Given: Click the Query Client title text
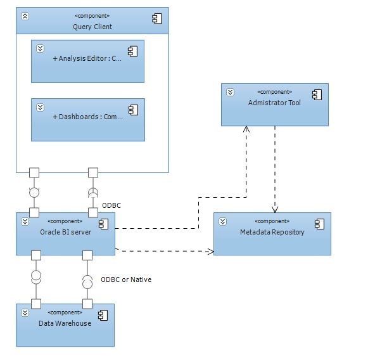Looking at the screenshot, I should pyautogui.click(x=92, y=27).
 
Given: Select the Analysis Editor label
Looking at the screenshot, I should pyautogui.click(x=87, y=58).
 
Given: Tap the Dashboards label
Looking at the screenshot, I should pyautogui.click(x=87, y=117).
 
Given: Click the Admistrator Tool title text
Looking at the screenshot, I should pyautogui.click(x=274, y=103).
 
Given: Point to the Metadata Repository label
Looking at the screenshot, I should pyautogui.click(x=272, y=232).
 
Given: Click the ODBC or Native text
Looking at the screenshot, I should pyautogui.click(x=126, y=280).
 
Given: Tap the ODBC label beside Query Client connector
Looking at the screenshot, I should pyautogui.click(x=111, y=205).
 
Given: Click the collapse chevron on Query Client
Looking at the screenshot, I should pyautogui.click(x=25, y=16).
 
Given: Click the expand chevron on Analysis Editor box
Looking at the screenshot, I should pyautogui.click(x=40, y=48).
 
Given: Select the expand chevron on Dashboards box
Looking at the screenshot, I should pyautogui.click(x=40, y=107).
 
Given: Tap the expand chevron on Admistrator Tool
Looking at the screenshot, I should pyautogui.click(x=231, y=92).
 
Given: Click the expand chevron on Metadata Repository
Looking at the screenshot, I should pyautogui.click(x=223, y=221).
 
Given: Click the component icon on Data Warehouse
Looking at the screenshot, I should pyautogui.click(x=101, y=316).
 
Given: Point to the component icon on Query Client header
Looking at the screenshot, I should pyautogui.click(x=157, y=20).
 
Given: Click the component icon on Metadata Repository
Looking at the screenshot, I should pyautogui.click(x=320, y=224).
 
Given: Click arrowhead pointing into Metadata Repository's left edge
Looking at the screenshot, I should pyautogui.click(x=210, y=251).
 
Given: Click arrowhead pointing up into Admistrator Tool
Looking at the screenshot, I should pyautogui.click(x=246, y=129).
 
